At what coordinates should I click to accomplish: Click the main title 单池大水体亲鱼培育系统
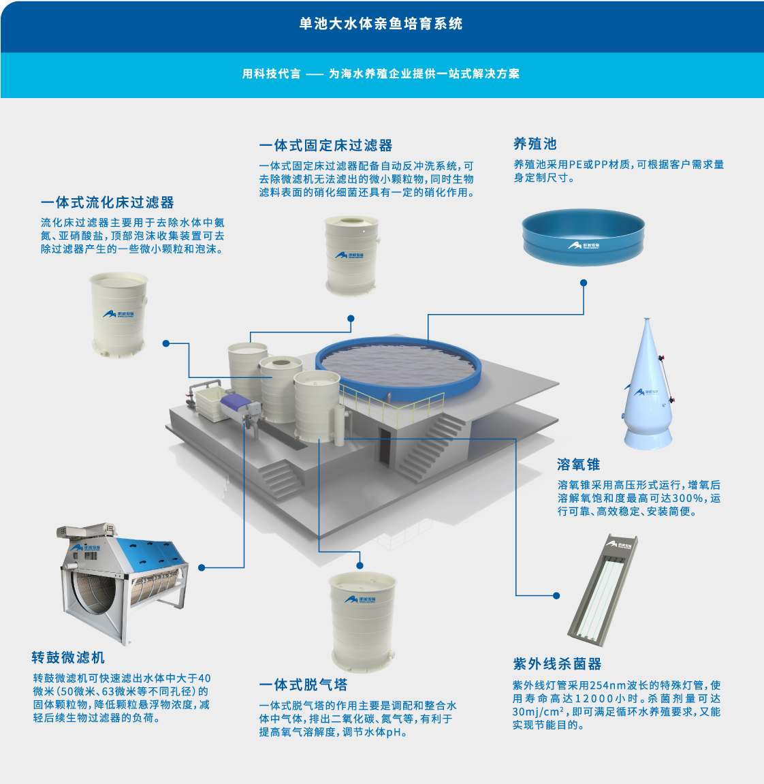coord(381,24)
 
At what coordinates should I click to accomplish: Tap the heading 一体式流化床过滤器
coord(108,202)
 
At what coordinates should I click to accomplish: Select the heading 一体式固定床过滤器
coord(325,146)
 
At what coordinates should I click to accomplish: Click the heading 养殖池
coord(535,144)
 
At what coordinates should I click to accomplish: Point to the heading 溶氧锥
coord(579,465)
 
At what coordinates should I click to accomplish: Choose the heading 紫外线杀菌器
coord(557,664)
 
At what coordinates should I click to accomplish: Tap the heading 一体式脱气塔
coord(303,685)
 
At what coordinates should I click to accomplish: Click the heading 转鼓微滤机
coord(68,657)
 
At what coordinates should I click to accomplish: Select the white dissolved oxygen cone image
coord(648,384)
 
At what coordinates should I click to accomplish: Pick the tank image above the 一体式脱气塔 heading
coord(362,622)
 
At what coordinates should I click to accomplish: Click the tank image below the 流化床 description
coord(119,315)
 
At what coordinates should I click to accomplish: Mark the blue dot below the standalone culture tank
coord(584,283)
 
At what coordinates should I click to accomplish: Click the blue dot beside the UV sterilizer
coord(556,595)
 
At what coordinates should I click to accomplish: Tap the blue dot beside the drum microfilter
coord(202,567)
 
